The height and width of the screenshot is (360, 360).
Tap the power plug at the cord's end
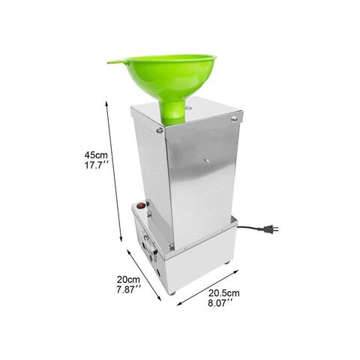pyautogui.click(x=271, y=229)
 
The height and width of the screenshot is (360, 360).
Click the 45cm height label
pyautogui.click(x=96, y=155)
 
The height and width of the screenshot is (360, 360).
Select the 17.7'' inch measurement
pyautogui.click(x=97, y=165)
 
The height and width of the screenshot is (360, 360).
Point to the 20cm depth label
pyautogui.click(x=128, y=280)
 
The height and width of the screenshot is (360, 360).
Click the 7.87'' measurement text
pyautogui.click(x=129, y=289)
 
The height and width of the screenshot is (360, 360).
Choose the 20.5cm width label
pyautogui.click(x=224, y=293)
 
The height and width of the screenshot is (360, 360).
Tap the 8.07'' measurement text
pyautogui.click(x=220, y=303)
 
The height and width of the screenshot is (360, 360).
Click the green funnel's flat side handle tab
pyautogui.click(x=117, y=61)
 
